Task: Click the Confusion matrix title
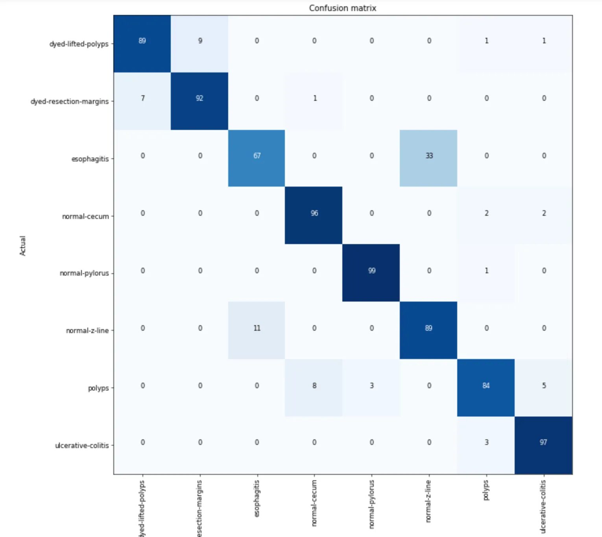[x=342, y=8]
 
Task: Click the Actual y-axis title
[x=23, y=246]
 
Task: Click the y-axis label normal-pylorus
[x=84, y=273]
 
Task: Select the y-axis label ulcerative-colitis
[x=82, y=446]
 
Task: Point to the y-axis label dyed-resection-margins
[x=69, y=102]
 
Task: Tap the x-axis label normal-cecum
[x=314, y=503]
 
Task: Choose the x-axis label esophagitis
[x=257, y=498]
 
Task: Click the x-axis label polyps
[x=486, y=490]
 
